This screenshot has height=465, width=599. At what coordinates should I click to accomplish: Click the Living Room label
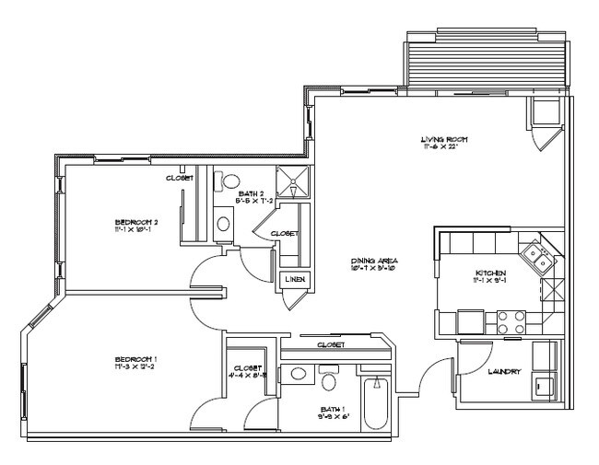[440, 139]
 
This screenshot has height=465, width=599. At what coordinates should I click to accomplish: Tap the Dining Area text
[373, 262]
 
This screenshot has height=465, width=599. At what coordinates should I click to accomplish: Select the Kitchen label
[488, 273]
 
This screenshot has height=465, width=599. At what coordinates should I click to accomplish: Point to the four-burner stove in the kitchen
[511, 321]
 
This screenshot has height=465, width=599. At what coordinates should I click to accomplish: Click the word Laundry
[504, 372]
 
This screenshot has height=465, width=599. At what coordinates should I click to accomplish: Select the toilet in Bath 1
[329, 377]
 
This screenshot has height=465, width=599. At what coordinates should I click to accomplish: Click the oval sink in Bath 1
[297, 373]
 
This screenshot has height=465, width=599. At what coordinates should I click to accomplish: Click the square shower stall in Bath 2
[294, 183]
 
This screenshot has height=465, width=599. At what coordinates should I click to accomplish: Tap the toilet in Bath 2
[230, 180]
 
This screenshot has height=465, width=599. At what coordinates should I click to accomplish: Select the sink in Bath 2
[223, 221]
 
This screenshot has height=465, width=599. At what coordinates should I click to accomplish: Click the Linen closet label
[295, 280]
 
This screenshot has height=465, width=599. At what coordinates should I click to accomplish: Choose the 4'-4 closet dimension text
[247, 375]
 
